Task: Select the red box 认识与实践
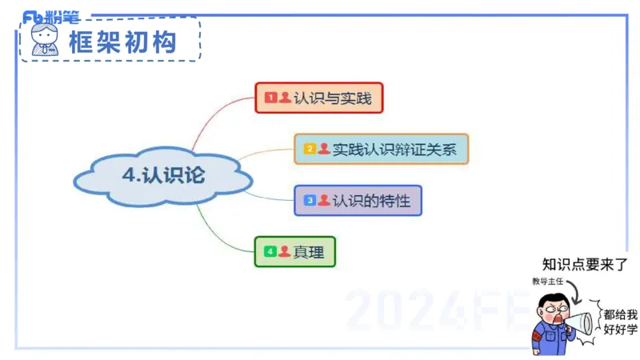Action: (x=319, y=98)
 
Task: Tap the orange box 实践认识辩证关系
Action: (x=381, y=149)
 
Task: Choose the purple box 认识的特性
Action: (x=358, y=200)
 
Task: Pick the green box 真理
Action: (x=294, y=252)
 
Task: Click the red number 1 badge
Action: (x=270, y=98)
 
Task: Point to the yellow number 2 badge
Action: (x=310, y=149)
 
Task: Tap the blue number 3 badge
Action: (x=310, y=200)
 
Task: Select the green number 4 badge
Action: (x=270, y=252)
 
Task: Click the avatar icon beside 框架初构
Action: (x=45, y=40)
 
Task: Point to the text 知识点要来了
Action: (x=585, y=266)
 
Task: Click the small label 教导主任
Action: (x=547, y=282)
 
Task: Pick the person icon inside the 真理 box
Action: (x=284, y=252)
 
